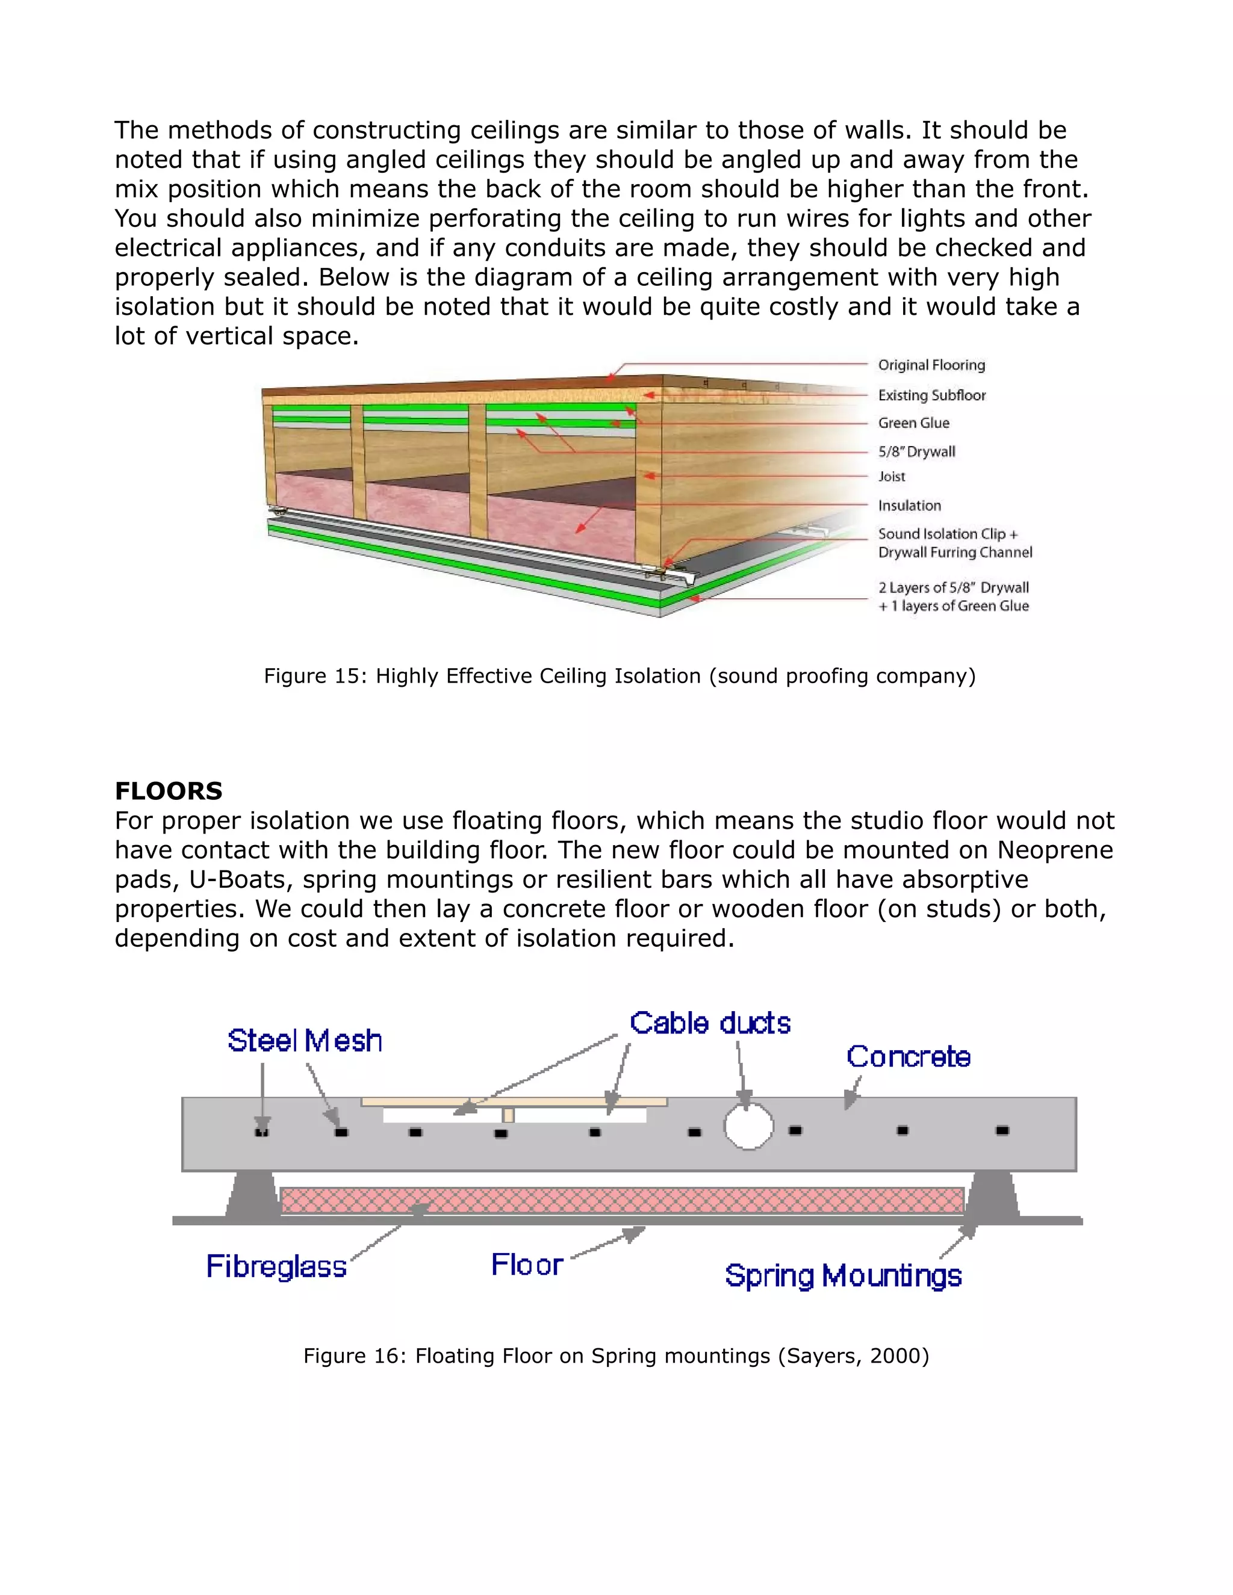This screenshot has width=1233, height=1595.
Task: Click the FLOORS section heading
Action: tap(168, 791)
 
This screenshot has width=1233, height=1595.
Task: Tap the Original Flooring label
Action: tap(931, 365)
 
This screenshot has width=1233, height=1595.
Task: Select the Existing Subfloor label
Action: tap(931, 395)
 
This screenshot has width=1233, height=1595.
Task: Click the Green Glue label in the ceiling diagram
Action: tap(913, 423)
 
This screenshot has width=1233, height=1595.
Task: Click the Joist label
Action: tap(891, 476)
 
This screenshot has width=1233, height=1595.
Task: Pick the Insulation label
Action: tap(910, 506)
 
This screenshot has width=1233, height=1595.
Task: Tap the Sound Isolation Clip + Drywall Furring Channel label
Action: tap(954, 544)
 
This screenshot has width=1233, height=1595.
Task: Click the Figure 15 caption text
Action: tap(619, 675)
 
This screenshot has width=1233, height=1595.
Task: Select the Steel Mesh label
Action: tap(305, 1041)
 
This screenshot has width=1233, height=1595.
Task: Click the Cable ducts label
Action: tap(710, 1023)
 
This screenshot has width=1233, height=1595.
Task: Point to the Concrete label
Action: tap(908, 1057)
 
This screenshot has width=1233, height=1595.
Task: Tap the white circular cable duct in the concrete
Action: tap(749, 1126)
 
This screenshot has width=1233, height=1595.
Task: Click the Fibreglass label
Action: tap(276, 1266)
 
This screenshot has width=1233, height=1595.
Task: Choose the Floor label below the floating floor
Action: tap(527, 1264)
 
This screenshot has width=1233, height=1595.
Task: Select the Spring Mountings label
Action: tap(843, 1276)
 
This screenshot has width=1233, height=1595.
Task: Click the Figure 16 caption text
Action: tap(616, 1355)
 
